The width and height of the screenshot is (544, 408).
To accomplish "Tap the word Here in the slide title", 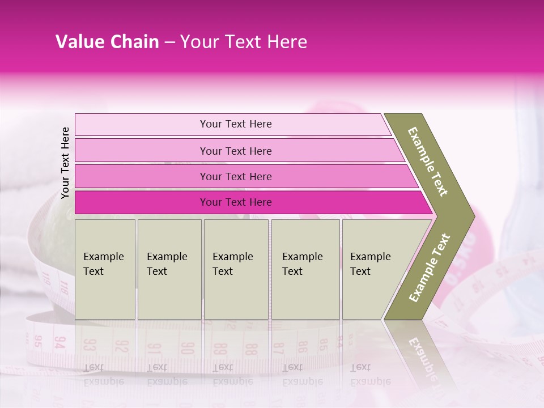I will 287,42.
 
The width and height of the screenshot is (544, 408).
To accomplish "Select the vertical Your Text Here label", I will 65,163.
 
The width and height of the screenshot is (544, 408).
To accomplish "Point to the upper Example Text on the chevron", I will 428,161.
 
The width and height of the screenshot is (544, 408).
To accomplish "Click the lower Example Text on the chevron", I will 430,267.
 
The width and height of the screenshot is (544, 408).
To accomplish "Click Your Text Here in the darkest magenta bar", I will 236,202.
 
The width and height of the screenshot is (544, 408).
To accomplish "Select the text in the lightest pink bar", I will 236,124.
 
